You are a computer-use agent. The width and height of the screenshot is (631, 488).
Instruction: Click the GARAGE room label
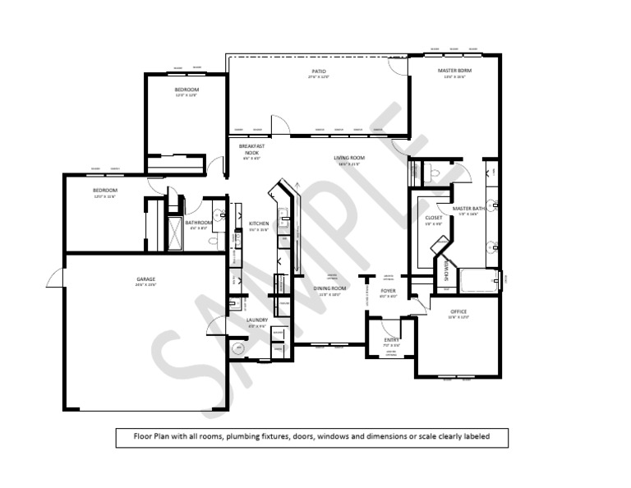tap(146, 279)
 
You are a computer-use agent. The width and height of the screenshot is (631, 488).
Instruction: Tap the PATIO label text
tap(318, 71)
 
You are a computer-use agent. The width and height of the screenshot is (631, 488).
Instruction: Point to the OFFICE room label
tap(458, 311)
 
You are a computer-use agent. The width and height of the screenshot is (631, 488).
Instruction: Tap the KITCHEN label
tap(259, 223)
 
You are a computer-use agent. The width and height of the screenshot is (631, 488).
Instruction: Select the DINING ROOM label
tap(329, 288)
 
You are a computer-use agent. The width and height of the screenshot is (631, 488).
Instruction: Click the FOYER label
tap(389, 291)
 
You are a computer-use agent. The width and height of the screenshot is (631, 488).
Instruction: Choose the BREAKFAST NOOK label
tap(250, 149)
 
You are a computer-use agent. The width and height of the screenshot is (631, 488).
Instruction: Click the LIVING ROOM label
tap(349, 158)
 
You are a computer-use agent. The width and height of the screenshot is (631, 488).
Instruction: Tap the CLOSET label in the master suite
tap(434, 218)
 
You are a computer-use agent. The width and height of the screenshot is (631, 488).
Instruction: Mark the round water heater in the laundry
tap(239, 348)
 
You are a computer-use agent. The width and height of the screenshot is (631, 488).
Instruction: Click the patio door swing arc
tap(280, 125)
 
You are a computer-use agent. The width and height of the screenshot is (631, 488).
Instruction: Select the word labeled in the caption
tap(474, 436)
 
